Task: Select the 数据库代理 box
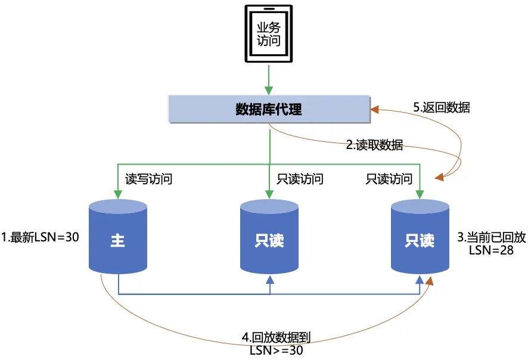269,109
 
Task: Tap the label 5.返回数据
441,108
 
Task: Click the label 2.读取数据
374,145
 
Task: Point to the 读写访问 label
148,179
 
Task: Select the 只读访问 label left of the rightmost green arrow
389,179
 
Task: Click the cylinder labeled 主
118,238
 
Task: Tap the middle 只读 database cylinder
269,238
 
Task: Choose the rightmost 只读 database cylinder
420,238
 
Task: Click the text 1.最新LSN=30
41,237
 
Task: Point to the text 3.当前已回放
491,237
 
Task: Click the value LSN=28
491,251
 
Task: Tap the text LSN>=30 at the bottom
276,350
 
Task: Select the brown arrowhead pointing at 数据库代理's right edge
375,109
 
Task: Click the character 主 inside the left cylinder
118,241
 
